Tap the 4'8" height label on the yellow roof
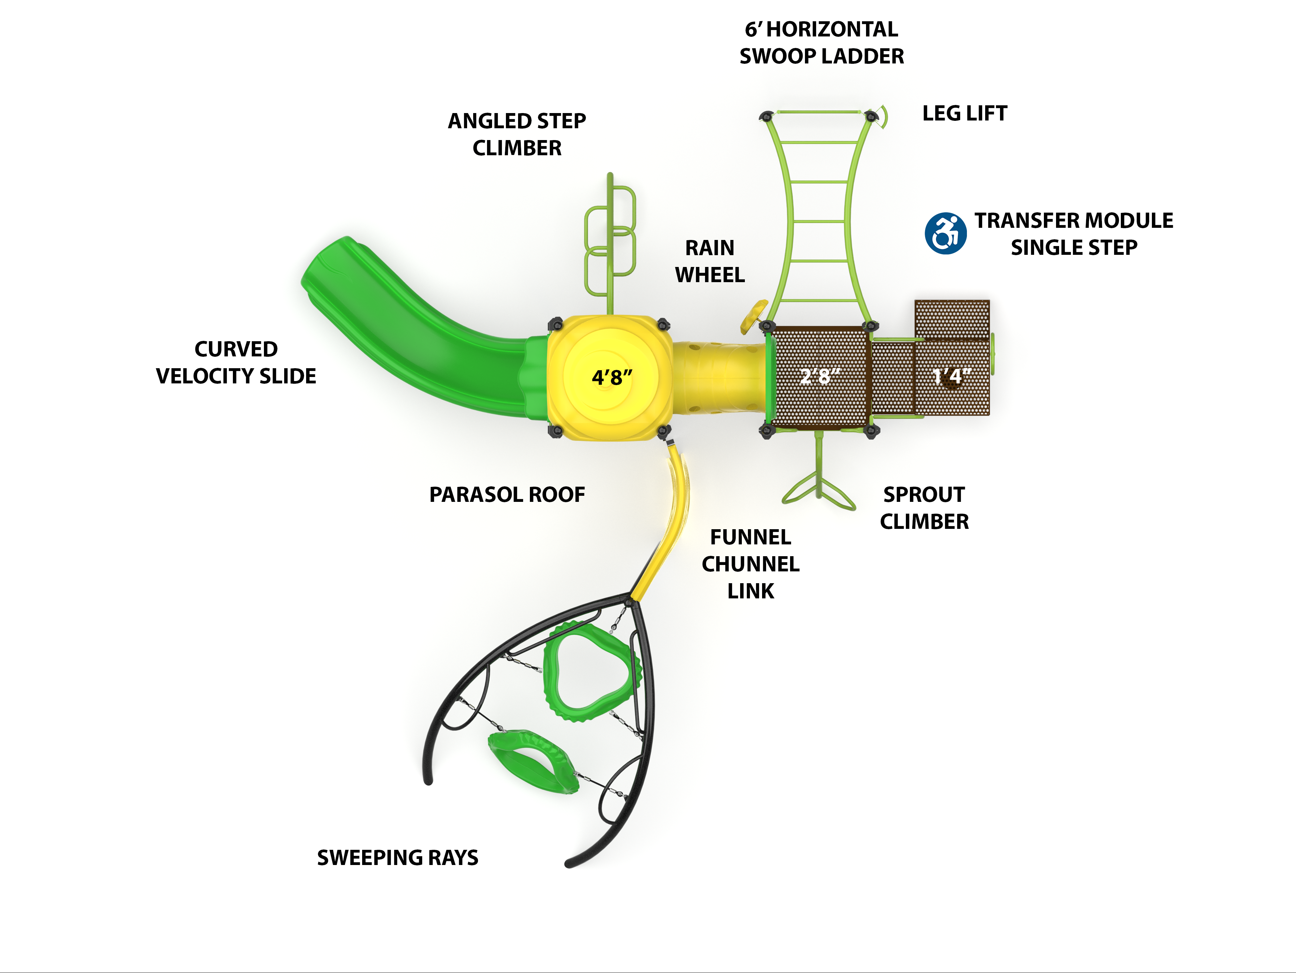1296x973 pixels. (x=612, y=377)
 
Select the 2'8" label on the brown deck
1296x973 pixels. (x=820, y=376)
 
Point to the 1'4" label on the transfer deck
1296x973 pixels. (x=951, y=376)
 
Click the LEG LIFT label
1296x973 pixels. (x=964, y=113)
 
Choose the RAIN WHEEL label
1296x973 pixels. (x=709, y=261)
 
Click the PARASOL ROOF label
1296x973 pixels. (x=507, y=494)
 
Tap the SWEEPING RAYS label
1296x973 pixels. (x=397, y=858)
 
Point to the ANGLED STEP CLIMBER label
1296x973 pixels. (x=517, y=134)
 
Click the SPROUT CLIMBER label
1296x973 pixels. (x=924, y=508)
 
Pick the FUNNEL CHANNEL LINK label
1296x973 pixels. (x=751, y=564)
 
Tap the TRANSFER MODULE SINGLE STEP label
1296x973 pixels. (x=1073, y=234)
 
